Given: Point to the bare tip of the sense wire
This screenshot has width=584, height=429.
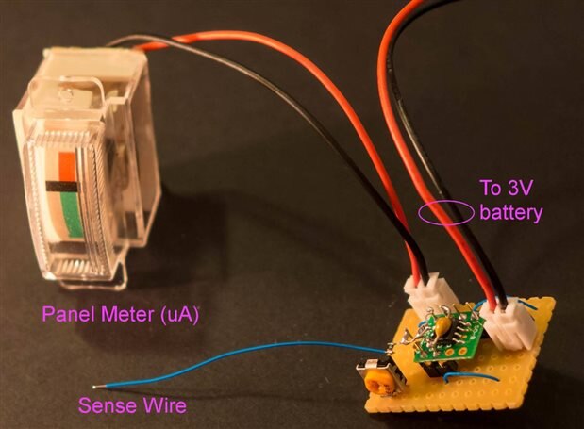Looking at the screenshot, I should (99, 386).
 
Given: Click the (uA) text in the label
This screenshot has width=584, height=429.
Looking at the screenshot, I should (185, 313).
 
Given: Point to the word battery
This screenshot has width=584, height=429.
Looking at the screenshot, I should (511, 213).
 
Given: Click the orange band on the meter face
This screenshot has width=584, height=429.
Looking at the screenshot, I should (64, 161).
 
